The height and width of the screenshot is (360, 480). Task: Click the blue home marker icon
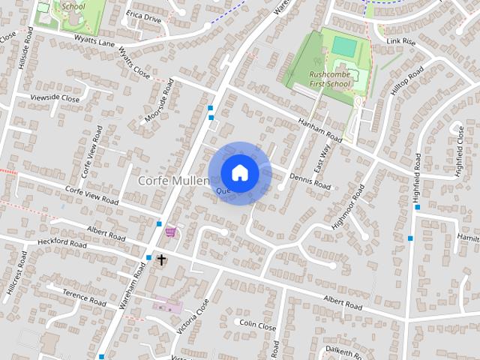click(x=239, y=173)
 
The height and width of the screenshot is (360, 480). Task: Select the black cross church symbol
click(x=161, y=259)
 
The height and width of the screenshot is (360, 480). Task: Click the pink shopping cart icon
click(x=171, y=232)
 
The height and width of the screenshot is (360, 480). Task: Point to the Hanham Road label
click(x=320, y=131)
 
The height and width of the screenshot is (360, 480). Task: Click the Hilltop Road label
click(x=407, y=85)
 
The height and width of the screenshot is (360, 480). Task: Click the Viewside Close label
click(x=54, y=98)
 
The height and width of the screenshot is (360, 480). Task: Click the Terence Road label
click(x=84, y=296)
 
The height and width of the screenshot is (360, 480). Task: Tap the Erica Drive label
click(x=144, y=16)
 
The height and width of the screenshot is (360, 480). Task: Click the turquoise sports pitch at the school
click(x=344, y=46)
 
